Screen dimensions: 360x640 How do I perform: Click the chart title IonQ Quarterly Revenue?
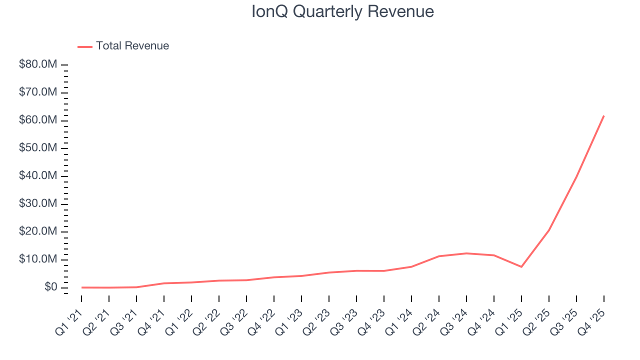pyautogui.click(x=342, y=11)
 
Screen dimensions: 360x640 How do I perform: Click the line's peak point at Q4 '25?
pyautogui.click(x=603, y=116)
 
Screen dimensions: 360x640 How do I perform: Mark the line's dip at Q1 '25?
pyautogui.click(x=521, y=266)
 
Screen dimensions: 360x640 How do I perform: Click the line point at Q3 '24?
pyautogui.click(x=466, y=253)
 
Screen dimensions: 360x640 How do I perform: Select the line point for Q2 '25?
pyautogui.click(x=548, y=230)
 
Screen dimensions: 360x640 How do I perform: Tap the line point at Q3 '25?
pyautogui.click(x=576, y=176)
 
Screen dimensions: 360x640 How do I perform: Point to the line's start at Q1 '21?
pyautogui.click(x=82, y=287)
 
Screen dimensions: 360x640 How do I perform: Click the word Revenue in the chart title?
pyautogui.click(x=400, y=11)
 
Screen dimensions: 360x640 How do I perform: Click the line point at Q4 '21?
pyautogui.click(x=164, y=283)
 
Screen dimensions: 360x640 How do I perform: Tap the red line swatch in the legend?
pyautogui.click(x=85, y=46)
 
